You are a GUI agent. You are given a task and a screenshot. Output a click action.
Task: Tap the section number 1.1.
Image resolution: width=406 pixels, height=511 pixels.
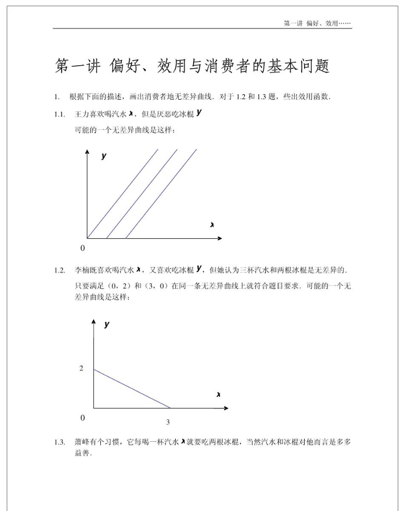coord(60,114)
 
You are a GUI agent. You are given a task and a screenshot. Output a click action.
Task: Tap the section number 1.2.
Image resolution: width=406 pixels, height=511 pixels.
coord(60,270)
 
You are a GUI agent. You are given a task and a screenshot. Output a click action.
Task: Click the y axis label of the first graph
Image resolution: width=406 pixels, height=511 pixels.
coord(104,156)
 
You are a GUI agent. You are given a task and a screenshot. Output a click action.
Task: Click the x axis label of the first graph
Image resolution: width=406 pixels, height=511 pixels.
coord(211,224)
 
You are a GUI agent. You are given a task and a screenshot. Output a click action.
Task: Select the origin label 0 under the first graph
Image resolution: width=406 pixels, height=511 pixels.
coord(82,248)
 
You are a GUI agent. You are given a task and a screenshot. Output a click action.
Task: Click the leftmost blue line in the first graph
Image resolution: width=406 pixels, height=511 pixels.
coord(122,193)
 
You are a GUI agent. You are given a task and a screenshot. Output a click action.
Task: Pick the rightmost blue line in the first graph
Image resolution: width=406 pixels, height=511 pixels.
coord(161,193)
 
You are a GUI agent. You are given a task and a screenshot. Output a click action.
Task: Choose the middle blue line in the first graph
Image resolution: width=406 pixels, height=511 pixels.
coord(142,193)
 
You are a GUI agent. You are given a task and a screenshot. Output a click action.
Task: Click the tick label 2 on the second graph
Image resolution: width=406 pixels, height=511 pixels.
coord(81,368)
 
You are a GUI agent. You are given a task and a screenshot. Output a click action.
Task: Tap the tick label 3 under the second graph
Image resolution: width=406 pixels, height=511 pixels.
coord(168,422)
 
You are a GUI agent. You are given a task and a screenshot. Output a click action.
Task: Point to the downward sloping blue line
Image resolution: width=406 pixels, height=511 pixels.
coord(131,388)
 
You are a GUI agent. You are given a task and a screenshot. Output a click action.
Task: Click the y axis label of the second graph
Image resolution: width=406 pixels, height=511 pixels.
coord(106,324)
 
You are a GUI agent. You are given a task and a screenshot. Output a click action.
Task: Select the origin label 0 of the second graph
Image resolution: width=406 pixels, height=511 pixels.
coord(82,417)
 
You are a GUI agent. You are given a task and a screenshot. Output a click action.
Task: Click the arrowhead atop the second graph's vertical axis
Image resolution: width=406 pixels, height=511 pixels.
coord(94,322)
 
